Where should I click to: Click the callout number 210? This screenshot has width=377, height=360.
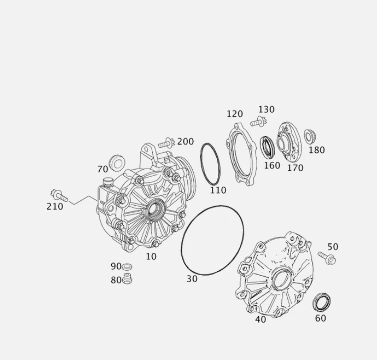55,207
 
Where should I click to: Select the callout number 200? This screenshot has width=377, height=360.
185,142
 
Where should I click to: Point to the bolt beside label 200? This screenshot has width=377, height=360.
166,144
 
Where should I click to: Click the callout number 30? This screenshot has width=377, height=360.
192,279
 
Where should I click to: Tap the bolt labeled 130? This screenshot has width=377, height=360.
258,121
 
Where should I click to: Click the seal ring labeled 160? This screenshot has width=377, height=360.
268,146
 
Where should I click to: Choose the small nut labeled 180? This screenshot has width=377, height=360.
309,136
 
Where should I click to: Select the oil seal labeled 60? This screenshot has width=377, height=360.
322,301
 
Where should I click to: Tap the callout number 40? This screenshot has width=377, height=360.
261,319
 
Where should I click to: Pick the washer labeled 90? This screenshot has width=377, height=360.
127,267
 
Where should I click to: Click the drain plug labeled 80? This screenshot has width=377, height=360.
127,280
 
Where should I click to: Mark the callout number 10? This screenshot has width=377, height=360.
151,256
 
